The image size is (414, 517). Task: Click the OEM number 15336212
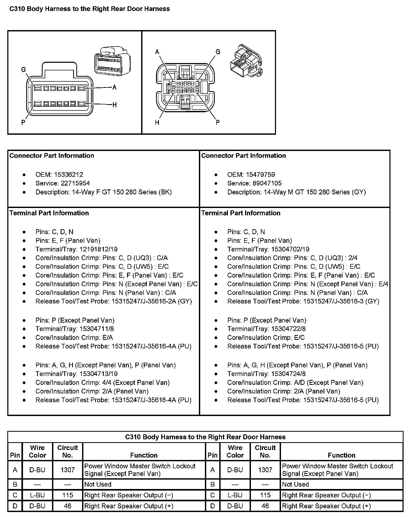pos(68,175)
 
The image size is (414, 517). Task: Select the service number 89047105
pos(267,183)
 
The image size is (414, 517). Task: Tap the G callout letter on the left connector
pos(24,70)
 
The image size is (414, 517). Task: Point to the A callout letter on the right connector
pos(157,52)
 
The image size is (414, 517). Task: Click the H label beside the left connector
pos(114,105)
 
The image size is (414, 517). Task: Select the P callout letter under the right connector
pos(217,122)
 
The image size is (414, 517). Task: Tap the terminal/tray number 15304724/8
pos(288,374)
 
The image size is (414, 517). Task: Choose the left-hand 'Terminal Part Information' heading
pos(49,213)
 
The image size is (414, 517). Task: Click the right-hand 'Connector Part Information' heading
pos(243,156)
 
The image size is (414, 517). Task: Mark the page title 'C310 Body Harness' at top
pos(90,9)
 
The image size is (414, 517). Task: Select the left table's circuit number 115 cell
pos(67,495)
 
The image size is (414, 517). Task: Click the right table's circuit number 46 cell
pos(265,506)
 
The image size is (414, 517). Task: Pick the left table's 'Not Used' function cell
pos(98,484)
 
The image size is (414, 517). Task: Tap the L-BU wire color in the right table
pos(235,495)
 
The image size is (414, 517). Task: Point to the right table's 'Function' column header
pos(341,455)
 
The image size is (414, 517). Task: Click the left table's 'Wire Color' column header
pos(37,451)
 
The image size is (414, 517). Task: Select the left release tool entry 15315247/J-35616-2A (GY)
pos(152,301)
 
